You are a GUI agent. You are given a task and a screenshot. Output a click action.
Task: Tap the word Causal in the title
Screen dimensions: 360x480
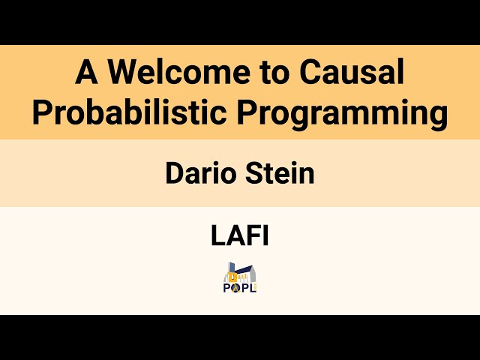(x=353, y=73)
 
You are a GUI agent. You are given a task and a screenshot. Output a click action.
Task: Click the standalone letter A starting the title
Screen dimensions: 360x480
(x=86, y=73)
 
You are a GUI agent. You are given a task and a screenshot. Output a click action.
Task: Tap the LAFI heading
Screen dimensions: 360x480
(x=240, y=236)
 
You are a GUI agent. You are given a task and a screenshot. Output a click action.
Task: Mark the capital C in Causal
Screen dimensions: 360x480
(x=310, y=73)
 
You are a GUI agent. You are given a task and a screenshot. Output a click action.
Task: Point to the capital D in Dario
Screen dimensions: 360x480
(x=174, y=174)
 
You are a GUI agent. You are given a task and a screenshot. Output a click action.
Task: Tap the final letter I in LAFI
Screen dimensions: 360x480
(x=265, y=236)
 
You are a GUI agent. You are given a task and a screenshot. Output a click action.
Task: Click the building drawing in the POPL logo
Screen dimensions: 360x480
(x=240, y=273)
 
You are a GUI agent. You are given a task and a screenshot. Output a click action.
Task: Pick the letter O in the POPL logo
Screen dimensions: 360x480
(x=235, y=286)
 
